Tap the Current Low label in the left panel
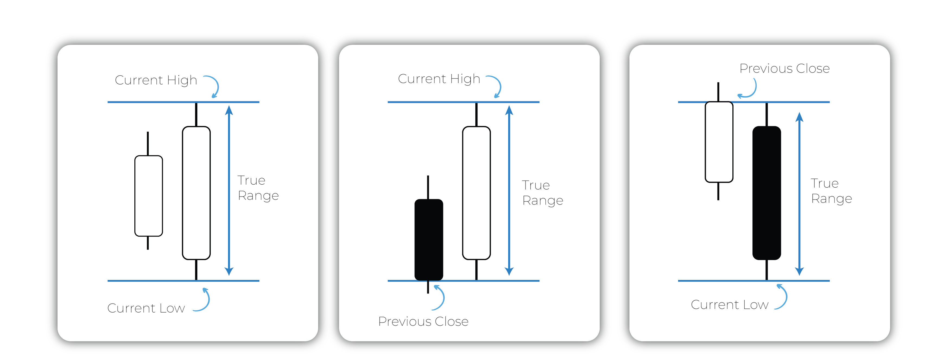(x=146, y=308)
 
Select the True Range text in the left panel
(x=258, y=188)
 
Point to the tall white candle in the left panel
(x=196, y=193)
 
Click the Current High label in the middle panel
(x=439, y=79)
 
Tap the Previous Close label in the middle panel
(x=423, y=321)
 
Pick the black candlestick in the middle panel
(x=429, y=239)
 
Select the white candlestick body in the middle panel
(x=476, y=193)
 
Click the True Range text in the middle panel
(x=542, y=192)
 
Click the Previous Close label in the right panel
(x=784, y=68)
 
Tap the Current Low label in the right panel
(x=729, y=305)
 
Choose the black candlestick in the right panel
(x=767, y=193)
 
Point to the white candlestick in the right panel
(x=719, y=142)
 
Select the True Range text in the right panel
(x=831, y=191)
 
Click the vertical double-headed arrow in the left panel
(x=229, y=190)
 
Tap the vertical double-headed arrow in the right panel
(x=799, y=194)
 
